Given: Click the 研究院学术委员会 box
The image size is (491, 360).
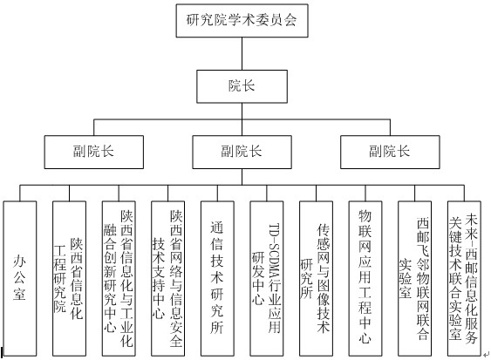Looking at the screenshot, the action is [242, 21].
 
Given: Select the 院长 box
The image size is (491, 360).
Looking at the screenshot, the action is [242, 86].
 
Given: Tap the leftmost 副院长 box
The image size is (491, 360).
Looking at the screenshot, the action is [94, 153].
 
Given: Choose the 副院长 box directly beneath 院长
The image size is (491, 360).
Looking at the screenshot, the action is [242, 153].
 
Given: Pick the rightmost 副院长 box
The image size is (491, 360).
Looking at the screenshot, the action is [390, 153].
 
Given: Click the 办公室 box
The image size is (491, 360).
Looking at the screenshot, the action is [20, 278].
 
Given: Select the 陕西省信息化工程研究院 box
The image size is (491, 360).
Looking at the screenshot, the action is [69, 278].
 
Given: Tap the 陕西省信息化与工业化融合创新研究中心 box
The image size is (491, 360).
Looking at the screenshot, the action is [119, 278].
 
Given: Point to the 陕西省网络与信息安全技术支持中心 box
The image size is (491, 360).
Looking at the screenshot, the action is [167, 278].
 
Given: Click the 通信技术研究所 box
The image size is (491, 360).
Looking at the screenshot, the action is [217, 278].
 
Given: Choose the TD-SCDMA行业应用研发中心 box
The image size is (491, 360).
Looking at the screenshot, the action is [267, 278].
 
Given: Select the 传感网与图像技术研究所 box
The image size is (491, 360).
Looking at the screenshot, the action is [316, 278].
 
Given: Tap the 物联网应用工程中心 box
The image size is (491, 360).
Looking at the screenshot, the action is [365, 278].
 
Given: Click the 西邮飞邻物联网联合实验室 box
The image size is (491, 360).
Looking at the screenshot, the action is [414, 278].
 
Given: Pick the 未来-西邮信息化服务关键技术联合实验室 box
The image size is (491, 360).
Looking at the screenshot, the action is [464, 278].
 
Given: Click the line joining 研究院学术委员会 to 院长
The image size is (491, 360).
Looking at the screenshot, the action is [242, 53].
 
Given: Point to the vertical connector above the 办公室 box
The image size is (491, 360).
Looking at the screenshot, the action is [20, 194].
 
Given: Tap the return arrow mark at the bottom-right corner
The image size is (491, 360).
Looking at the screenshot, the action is [486, 355].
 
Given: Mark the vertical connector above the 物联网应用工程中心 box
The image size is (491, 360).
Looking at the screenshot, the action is [365, 194].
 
